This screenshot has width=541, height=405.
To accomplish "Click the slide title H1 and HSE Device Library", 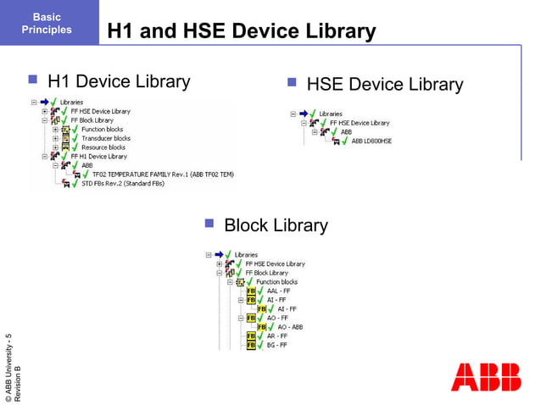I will [241, 32].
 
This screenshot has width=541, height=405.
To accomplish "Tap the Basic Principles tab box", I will [47, 23].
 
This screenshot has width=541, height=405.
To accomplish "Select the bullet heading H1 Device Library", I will [119, 81].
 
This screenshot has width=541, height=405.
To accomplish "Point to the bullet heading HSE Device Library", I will [384, 85].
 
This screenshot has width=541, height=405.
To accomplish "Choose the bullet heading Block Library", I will [275, 225].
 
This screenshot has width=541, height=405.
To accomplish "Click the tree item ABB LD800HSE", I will [371, 141].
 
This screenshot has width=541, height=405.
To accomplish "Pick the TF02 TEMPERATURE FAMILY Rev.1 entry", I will [162, 174].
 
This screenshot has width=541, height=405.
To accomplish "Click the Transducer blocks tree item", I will [105, 138].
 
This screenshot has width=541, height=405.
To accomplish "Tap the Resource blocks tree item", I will [103, 147].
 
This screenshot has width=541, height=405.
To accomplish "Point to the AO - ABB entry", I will [289, 326].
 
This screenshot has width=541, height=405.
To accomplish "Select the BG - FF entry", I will [276, 345].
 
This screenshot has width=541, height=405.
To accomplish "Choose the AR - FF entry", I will [276, 336].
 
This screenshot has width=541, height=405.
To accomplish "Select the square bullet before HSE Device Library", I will [291, 83].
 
